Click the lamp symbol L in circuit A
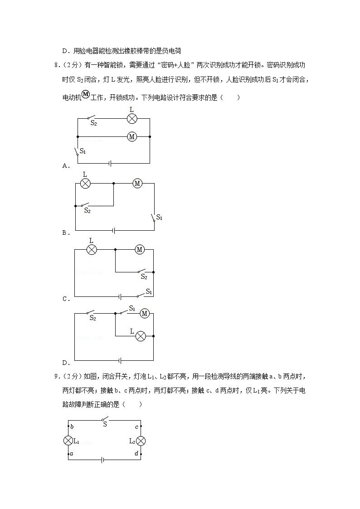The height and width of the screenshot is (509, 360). (131, 119)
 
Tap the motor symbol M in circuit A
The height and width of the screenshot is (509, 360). (131, 136)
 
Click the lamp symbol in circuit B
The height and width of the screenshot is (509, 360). (85, 183)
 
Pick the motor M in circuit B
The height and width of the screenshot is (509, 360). (137, 183)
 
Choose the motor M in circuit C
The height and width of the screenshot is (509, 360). (140, 249)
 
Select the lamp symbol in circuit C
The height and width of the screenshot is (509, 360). (92, 249)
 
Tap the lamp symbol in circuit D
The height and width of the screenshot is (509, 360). (141, 336)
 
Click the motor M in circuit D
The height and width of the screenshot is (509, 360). (145, 313)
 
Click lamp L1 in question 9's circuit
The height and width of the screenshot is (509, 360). (68, 441)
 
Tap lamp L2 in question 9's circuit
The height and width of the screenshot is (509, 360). (141, 441)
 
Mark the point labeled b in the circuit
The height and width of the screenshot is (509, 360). (69, 427)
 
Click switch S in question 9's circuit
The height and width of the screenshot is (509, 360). (105, 420)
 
